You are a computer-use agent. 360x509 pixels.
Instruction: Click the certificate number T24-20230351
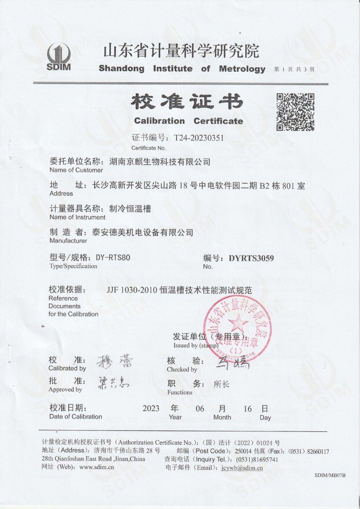(x=196, y=138)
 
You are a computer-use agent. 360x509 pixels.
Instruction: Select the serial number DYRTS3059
(x=251, y=258)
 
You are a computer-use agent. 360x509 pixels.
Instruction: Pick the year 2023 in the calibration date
(x=151, y=409)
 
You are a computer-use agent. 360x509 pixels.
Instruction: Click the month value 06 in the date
(x=200, y=409)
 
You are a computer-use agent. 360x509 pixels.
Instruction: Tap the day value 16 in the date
(x=248, y=409)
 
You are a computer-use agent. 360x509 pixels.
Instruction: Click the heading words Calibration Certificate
(x=188, y=121)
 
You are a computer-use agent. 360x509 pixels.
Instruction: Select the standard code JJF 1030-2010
(x=132, y=291)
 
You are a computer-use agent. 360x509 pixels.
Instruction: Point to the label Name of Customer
(x=76, y=170)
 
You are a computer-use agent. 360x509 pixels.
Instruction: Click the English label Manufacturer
(x=68, y=241)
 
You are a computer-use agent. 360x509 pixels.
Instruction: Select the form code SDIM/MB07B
(x=330, y=475)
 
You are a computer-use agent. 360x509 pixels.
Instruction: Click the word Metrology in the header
(x=242, y=69)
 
